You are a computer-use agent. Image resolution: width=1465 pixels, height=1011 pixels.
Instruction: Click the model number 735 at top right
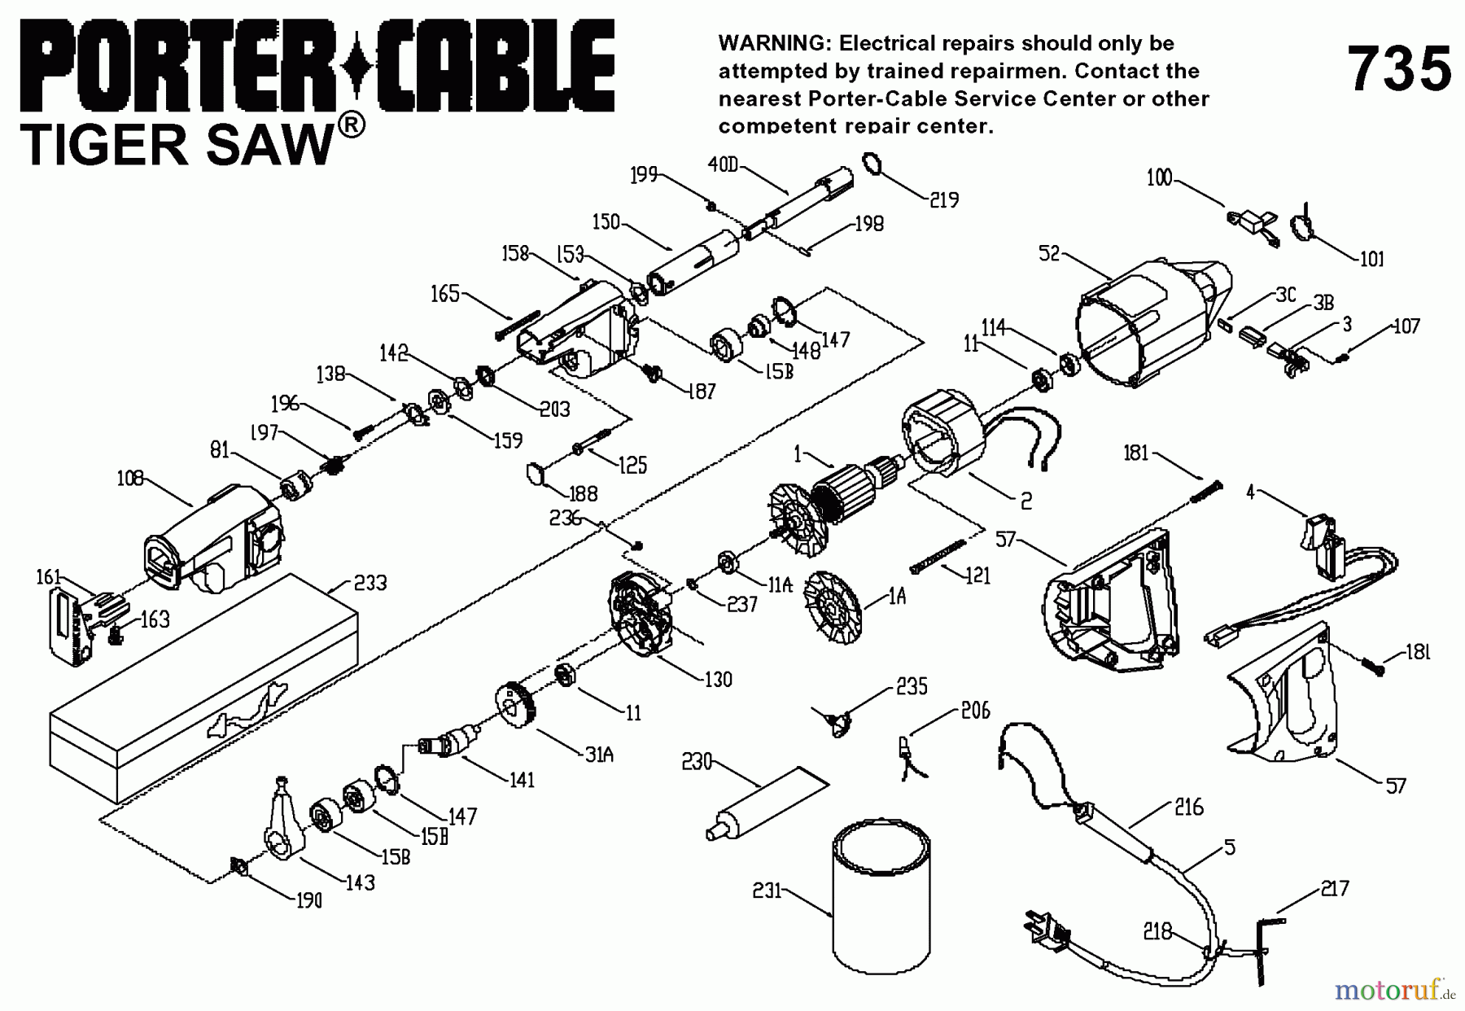point(1399,69)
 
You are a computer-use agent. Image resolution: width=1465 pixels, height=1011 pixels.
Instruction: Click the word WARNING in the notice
point(770,43)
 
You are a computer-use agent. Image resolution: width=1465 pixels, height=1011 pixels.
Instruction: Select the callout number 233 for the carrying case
point(370,583)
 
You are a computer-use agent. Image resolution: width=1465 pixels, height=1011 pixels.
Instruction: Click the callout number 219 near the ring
point(943,199)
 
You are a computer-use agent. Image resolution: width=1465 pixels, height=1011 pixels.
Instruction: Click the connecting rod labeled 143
point(281,822)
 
